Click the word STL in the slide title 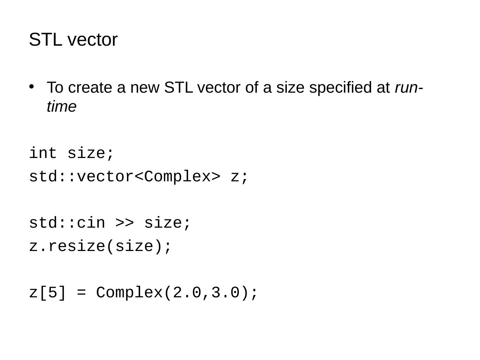(45, 40)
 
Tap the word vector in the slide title (93, 40)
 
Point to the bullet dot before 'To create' (32, 87)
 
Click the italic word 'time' (62, 107)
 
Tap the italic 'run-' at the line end (409, 88)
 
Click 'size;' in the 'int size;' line (91, 154)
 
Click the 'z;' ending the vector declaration (240, 177)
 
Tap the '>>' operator (125, 223)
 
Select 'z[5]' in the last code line (48, 293)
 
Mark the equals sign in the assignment (81, 293)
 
